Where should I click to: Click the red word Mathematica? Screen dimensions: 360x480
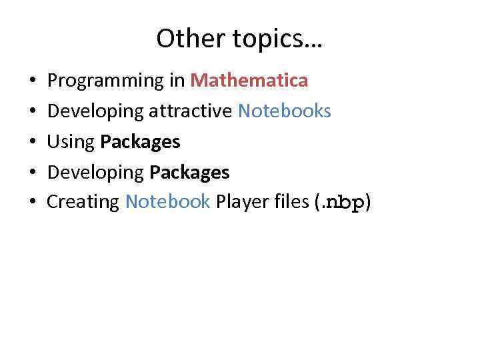[249, 81]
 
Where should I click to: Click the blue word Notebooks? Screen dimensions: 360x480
[285, 111]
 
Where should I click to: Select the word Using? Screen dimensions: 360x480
[71, 142]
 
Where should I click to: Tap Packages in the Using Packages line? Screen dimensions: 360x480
[140, 142]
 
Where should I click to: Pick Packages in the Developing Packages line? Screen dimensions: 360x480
[189, 173]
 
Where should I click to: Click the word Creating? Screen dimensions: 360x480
[83, 202]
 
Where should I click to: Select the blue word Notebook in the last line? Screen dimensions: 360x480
[168, 201]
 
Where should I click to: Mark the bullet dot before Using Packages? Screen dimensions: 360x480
[33, 143]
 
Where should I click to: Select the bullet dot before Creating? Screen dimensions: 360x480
[33, 203]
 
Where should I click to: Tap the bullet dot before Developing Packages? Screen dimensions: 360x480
[33, 173]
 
